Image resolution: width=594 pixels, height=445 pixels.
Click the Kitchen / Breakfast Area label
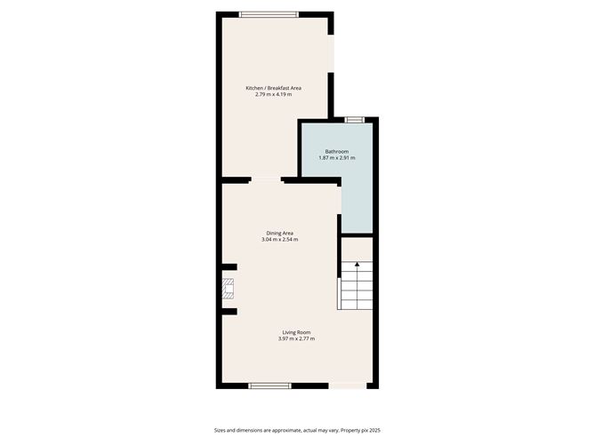pos(274,88)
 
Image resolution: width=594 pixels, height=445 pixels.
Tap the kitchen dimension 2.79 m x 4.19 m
pos(274,94)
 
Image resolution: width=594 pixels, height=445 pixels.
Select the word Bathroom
pos(336,151)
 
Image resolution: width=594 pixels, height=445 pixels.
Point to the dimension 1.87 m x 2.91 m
pos(336,157)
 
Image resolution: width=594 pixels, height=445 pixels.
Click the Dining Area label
pos(279,233)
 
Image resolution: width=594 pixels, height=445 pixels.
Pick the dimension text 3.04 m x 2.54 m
pos(279,240)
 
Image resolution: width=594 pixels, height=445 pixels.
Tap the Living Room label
pos(296,332)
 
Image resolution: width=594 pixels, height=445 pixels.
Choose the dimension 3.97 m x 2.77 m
pos(296,338)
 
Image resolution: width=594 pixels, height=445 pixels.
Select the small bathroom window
pos(355,119)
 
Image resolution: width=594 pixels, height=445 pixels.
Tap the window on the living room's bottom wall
pos(269,385)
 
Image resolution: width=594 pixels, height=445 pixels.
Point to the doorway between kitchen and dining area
pos(266,180)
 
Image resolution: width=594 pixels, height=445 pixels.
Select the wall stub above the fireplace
pos(229,266)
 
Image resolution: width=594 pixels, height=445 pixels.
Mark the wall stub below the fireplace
pos(229,311)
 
